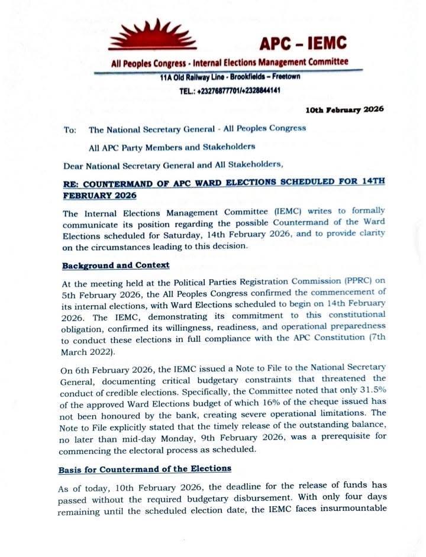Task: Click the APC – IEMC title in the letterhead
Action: tap(303, 43)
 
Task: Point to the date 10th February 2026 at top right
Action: tap(344, 109)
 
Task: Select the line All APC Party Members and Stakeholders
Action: tap(172, 146)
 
